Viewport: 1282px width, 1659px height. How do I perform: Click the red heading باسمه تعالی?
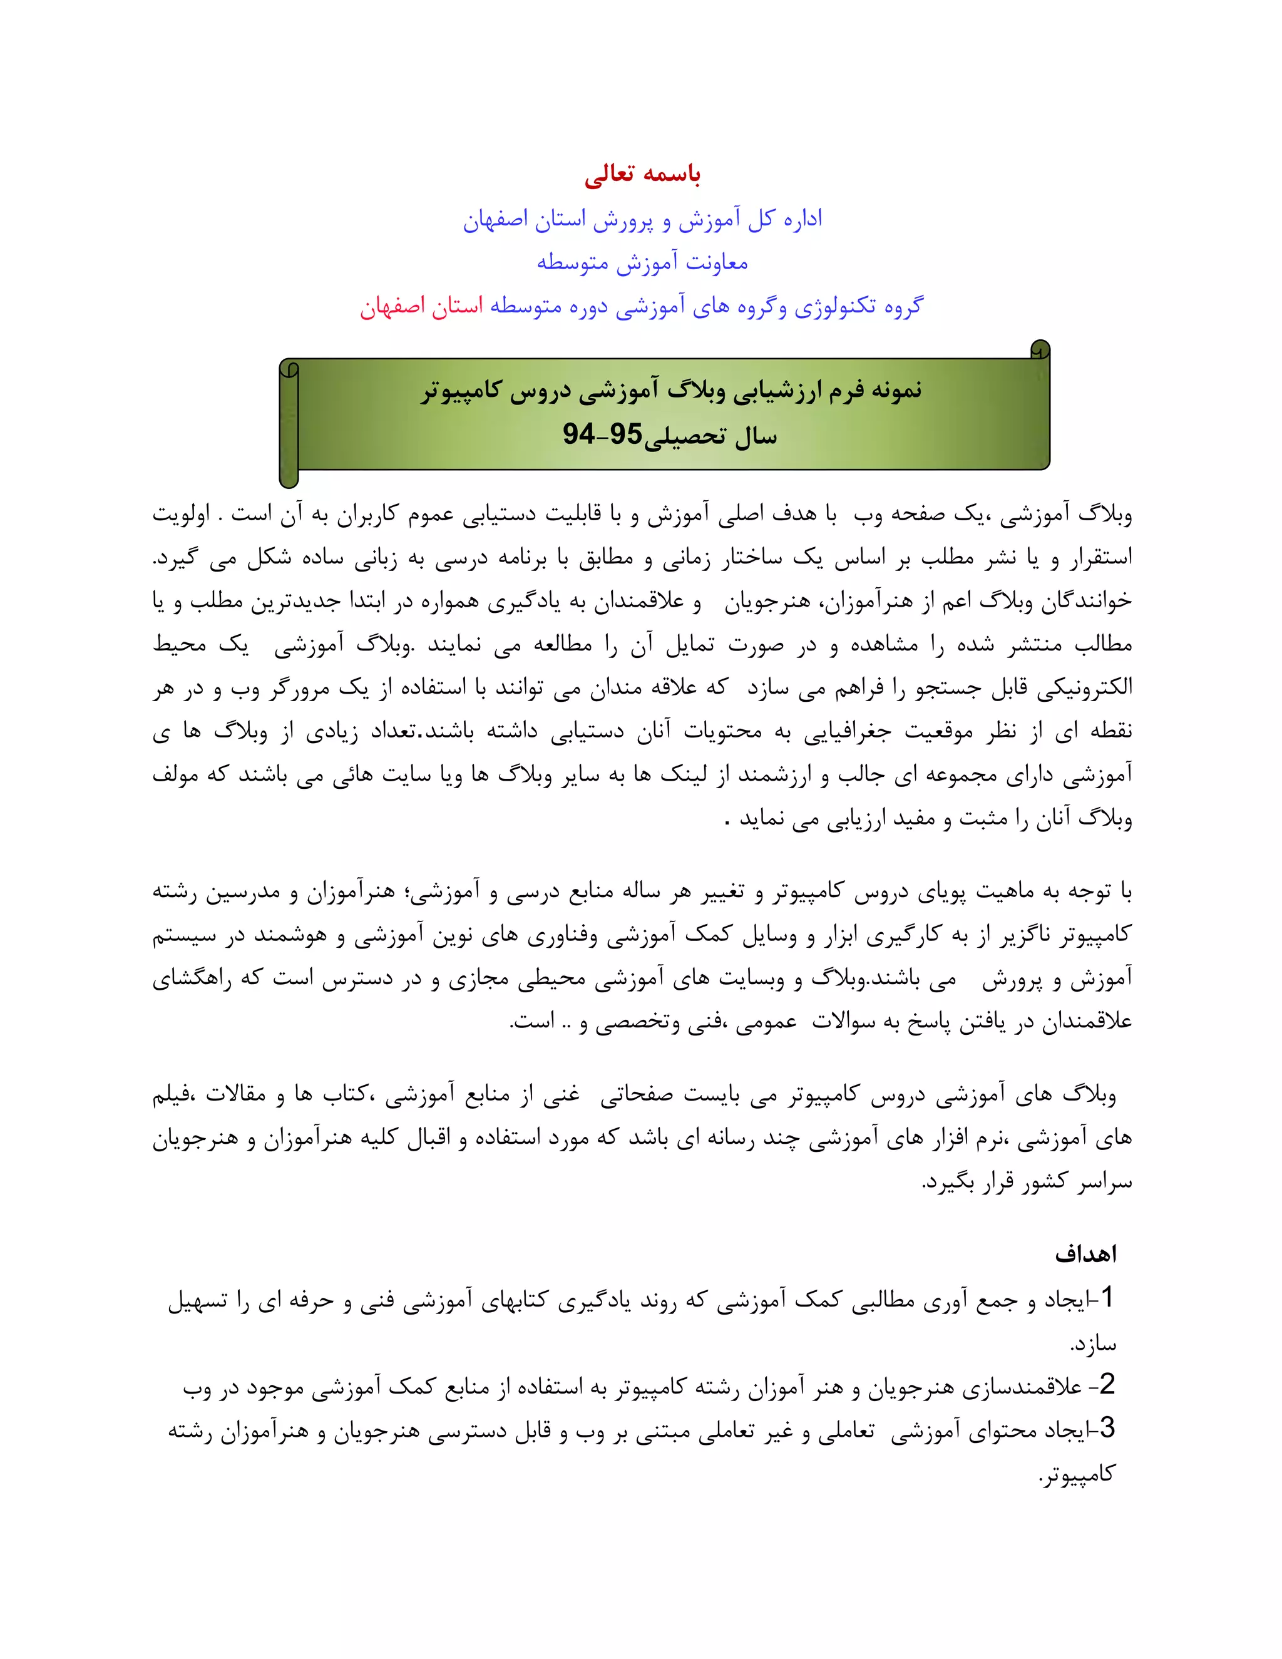[x=642, y=175]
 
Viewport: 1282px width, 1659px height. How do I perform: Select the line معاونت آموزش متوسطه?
[x=642, y=263]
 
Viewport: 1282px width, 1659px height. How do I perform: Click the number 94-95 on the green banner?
[x=602, y=434]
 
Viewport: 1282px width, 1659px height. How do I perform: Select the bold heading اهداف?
[x=1085, y=1254]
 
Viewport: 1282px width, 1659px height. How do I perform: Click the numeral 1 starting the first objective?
[x=1107, y=1297]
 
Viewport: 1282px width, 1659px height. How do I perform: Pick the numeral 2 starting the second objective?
[x=1107, y=1384]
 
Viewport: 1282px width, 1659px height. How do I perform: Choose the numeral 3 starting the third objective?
[x=1107, y=1428]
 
